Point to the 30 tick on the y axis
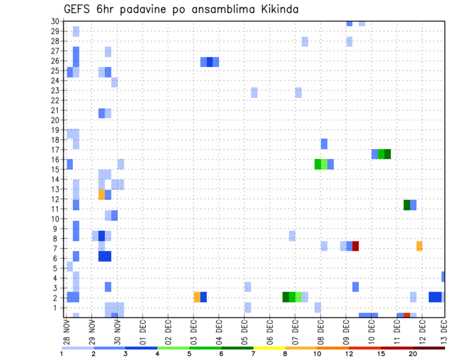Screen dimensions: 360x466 [x=55, y=21]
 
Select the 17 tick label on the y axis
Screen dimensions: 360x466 [x=55, y=149]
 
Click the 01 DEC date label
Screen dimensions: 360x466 [x=143, y=332]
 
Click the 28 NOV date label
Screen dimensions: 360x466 [x=67, y=332]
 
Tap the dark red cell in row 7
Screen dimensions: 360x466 [x=355, y=246]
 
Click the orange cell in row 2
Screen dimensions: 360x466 [x=197, y=297]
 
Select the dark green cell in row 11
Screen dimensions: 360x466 [x=407, y=205]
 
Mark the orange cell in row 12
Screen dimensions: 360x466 [x=101, y=195]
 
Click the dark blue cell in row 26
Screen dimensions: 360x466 [x=210, y=62]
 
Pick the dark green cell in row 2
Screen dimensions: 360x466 [x=286, y=297]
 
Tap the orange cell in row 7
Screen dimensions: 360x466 [x=419, y=246]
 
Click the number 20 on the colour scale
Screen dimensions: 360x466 [x=413, y=354]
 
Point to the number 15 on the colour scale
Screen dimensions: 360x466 [x=381, y=354]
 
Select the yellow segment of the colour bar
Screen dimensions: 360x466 [x=269, y=348]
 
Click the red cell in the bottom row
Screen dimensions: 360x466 [x=407, y=315]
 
